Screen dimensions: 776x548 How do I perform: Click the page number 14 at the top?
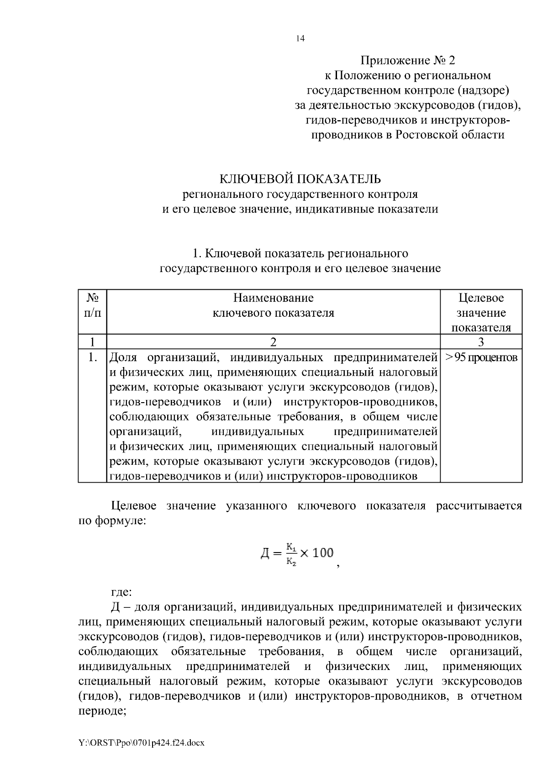tap(300, 38)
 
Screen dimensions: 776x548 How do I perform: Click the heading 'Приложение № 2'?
tap(408, 60)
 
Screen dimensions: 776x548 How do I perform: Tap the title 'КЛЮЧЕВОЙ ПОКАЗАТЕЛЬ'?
tap(300, 178)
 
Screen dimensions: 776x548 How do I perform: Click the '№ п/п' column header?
tap(92, 305)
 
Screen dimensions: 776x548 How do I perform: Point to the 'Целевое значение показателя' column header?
tap(481, 313)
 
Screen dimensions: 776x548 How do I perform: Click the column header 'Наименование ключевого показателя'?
tap(273, 305)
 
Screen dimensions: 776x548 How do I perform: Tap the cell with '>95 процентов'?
tap(481, 357)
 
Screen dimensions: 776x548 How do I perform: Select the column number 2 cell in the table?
tap(273, 342)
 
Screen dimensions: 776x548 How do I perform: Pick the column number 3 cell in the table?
tap(481, 342)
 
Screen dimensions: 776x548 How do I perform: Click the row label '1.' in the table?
tap(92, 357)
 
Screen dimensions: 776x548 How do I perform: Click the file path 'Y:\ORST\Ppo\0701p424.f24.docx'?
tap(141, 743)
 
